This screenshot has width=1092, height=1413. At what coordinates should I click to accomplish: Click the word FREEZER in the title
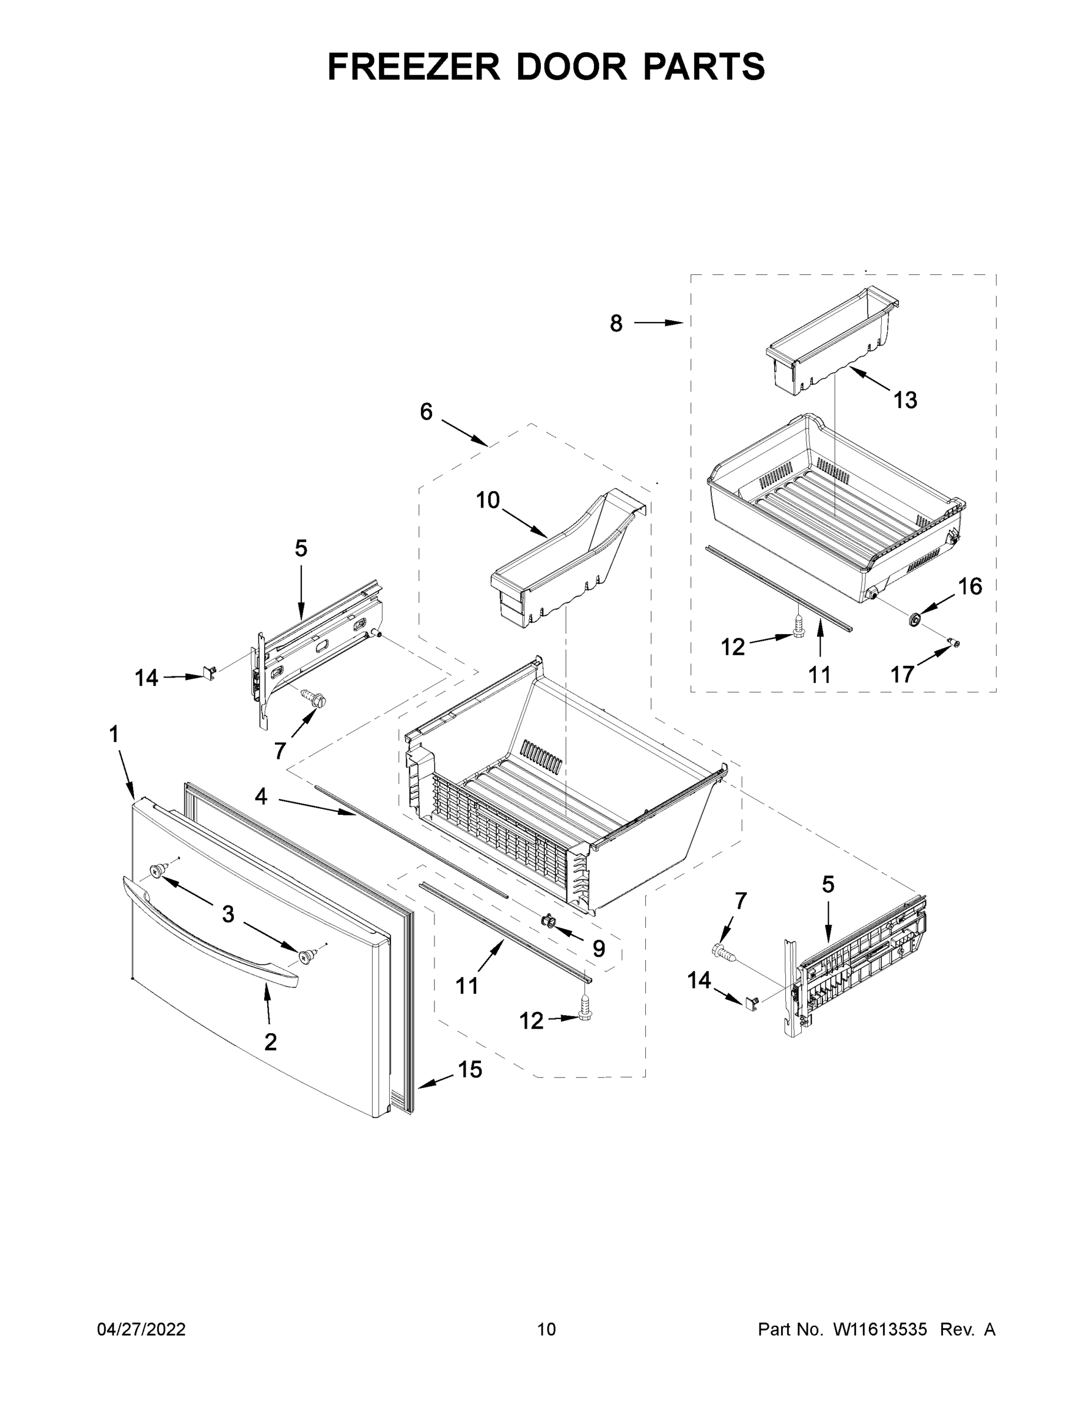point(413,67)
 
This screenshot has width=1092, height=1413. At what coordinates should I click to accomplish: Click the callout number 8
point(616,323)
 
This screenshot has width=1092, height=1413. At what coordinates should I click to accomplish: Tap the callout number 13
point(905,400)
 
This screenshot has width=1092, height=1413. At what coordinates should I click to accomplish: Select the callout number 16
point(970,586)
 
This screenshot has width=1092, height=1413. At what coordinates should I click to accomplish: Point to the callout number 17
point(902,675)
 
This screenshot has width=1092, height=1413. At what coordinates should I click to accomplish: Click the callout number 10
point(488,500)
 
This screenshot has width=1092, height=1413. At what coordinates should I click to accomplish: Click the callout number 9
point(599,948)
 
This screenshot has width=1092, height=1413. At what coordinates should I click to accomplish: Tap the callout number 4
point(261,797)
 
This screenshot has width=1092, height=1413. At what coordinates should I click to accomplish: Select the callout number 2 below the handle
point(270,1041)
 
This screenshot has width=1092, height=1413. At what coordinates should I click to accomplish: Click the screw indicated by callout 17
point(953,642)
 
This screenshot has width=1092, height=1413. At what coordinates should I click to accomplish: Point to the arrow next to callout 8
point(658,322)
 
